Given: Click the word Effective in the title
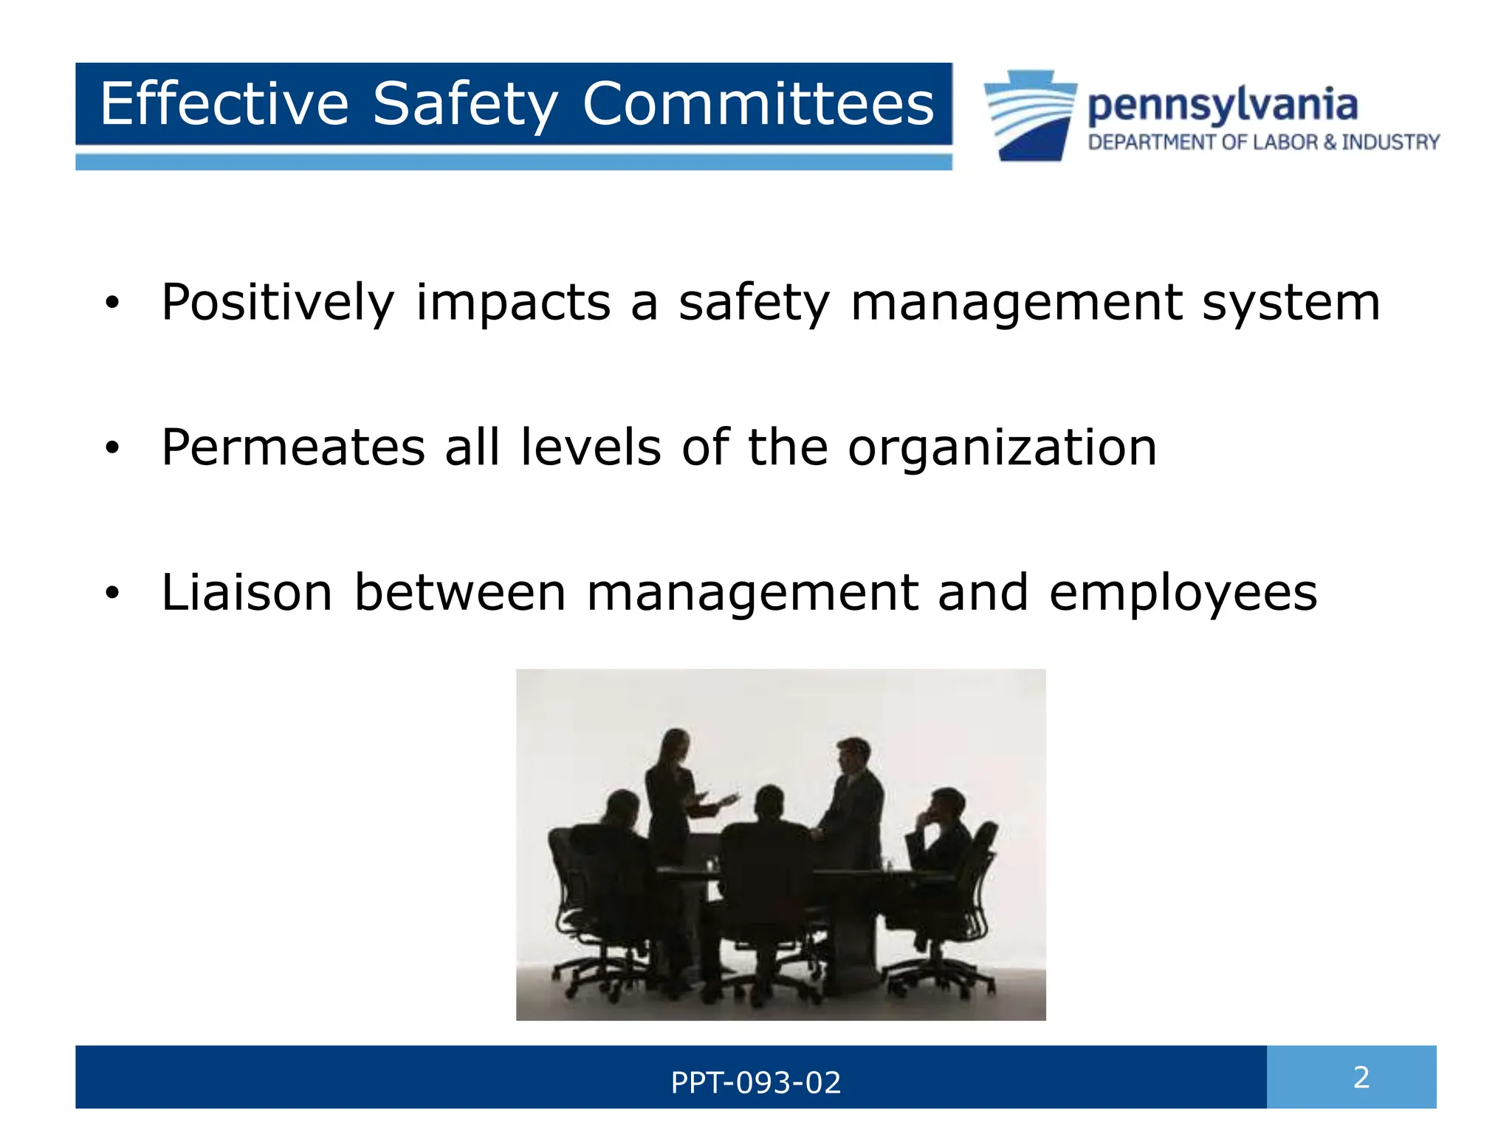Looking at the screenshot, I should [224, 104].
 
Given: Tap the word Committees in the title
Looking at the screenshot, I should [757, 104].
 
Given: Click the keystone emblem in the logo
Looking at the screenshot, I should [1030, 114].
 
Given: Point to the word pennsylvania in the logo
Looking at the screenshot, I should [1222, 106].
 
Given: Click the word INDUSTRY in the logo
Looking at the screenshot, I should [1390, 142].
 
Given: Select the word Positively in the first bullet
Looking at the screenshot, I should [278, 303].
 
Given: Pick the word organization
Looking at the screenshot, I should [1002, 447].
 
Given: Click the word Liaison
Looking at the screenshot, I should [247, 592].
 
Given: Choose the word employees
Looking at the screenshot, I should [1183, 592].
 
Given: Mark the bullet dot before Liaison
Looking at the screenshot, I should [111, 592].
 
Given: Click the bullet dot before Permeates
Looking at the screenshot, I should [111, 447].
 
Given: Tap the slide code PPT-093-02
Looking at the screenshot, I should [755, 1082].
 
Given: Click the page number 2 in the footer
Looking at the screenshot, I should [1361, 1077].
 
